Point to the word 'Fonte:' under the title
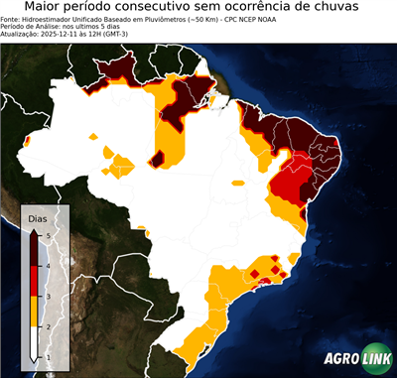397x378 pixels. click(x=13, y=19)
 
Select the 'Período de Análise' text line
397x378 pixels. click(x=50, y=27)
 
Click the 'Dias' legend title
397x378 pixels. click(x=37, y=217)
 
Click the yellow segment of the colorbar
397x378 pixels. click(x=36, y=312)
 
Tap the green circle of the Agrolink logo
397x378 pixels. click(x=376, y=358)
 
